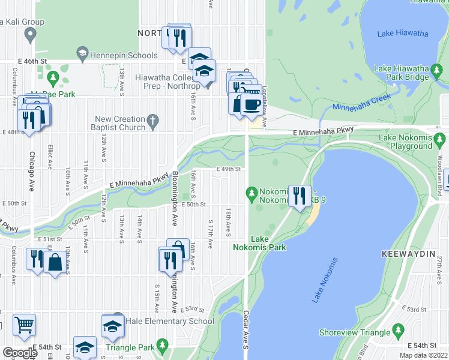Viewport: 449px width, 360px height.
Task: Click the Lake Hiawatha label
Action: click(402, 33)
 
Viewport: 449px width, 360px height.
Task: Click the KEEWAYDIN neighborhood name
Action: click(408, 254)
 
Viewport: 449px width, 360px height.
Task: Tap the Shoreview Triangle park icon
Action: click(397, 331)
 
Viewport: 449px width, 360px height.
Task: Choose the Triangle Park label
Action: click(130, 347)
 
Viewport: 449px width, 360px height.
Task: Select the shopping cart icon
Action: click(24, 325)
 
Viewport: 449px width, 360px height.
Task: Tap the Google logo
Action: click(20, 352)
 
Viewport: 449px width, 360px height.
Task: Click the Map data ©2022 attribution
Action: click(423, 355)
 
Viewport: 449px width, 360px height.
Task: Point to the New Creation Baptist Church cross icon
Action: click(153, 122)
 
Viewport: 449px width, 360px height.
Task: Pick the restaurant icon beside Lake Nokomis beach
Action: click(298, 195)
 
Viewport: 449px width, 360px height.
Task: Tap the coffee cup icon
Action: click(251, 104)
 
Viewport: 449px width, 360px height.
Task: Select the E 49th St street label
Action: click(229, 170)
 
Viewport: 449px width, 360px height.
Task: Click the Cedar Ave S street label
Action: click(246, 329)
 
